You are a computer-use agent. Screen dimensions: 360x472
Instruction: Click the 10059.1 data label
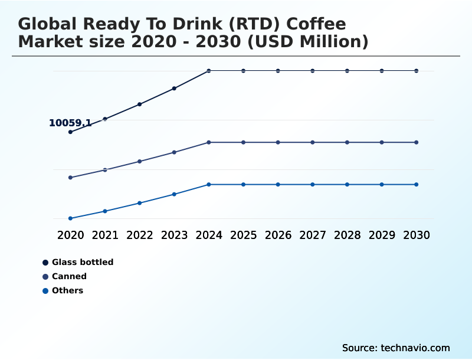70,123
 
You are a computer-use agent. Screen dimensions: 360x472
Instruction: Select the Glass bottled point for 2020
70,132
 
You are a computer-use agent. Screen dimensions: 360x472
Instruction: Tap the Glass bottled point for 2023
174,89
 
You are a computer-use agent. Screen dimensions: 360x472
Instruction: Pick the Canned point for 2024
209,142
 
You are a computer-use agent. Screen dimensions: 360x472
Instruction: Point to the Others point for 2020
70,218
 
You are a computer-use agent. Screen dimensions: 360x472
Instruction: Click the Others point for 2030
417,185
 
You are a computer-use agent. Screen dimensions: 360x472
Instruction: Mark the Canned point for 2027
313,142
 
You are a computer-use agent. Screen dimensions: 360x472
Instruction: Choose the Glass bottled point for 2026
278,71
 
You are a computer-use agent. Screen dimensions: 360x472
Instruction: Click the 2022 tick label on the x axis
140,235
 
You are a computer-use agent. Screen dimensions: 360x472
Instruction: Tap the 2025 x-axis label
243,235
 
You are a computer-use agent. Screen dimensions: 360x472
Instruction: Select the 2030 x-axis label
417,235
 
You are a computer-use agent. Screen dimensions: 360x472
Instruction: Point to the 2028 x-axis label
347,235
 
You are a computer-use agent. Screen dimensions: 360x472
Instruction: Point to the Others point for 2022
140,203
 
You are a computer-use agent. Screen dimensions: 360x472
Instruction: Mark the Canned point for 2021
105,170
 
